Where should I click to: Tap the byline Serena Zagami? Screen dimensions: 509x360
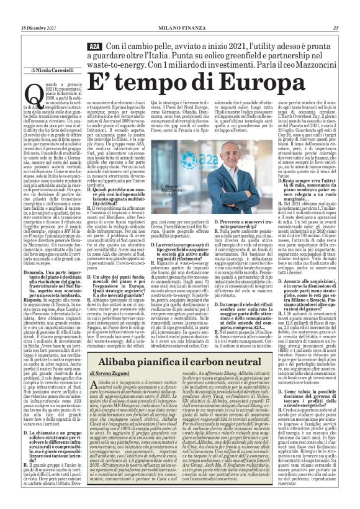click(x=115, y=372)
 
